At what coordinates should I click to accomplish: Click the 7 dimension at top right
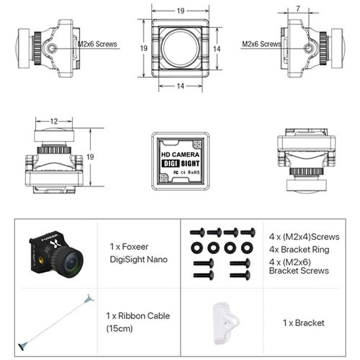tap(298, 9)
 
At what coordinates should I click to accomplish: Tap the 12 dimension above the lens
tap(54, 121)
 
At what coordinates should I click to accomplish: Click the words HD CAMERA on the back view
tap(180, 154)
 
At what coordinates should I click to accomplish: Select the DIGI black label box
tap(171, 163)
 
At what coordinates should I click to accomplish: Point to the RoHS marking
tap(194, 172)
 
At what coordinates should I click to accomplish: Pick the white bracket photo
tap(225, 323)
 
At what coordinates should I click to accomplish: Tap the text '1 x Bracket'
tap(303, 323)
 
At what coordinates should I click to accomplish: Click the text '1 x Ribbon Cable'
tap(138, 316)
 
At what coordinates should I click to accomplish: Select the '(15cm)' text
tap(120, 328)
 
